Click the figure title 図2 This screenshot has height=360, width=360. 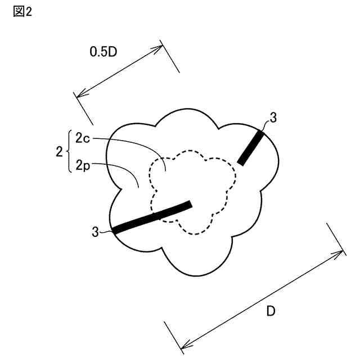[22, 12]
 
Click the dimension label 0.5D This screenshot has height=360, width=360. [103, 52]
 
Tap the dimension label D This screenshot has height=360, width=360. [271, 312]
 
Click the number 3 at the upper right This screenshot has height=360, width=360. [273, 118]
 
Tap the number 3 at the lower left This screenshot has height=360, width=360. [95, 231]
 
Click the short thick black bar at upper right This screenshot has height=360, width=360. [251, 147]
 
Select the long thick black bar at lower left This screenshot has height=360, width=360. [152, 217]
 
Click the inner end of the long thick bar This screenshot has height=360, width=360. [190, 204]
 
